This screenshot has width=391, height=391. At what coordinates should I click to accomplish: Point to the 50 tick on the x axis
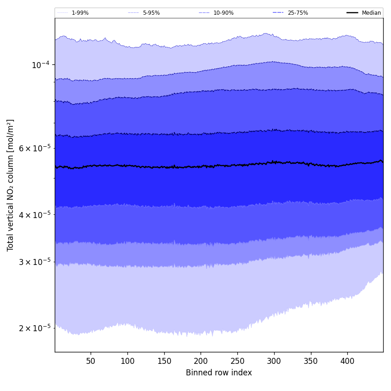tap(91, 361)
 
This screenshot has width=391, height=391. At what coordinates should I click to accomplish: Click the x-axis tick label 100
tap(127, 361)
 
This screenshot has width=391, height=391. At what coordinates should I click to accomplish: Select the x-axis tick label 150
tap(164, 361)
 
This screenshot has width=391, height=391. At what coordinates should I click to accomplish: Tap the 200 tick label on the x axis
tap(201, 361)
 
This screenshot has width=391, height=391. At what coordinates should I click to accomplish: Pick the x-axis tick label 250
tap(237, 361)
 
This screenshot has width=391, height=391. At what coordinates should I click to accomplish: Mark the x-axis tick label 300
tap(274, 361)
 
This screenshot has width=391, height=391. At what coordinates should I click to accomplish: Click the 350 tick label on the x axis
tap(311, 361)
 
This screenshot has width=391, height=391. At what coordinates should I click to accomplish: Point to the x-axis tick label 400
tap(347, 361)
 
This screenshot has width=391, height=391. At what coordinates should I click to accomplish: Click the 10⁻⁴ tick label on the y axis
tap(40, 65)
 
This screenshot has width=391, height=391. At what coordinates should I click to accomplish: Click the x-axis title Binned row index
tap(219, 373)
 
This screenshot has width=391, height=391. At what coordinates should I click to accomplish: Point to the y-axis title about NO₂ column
tap(11, 185)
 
